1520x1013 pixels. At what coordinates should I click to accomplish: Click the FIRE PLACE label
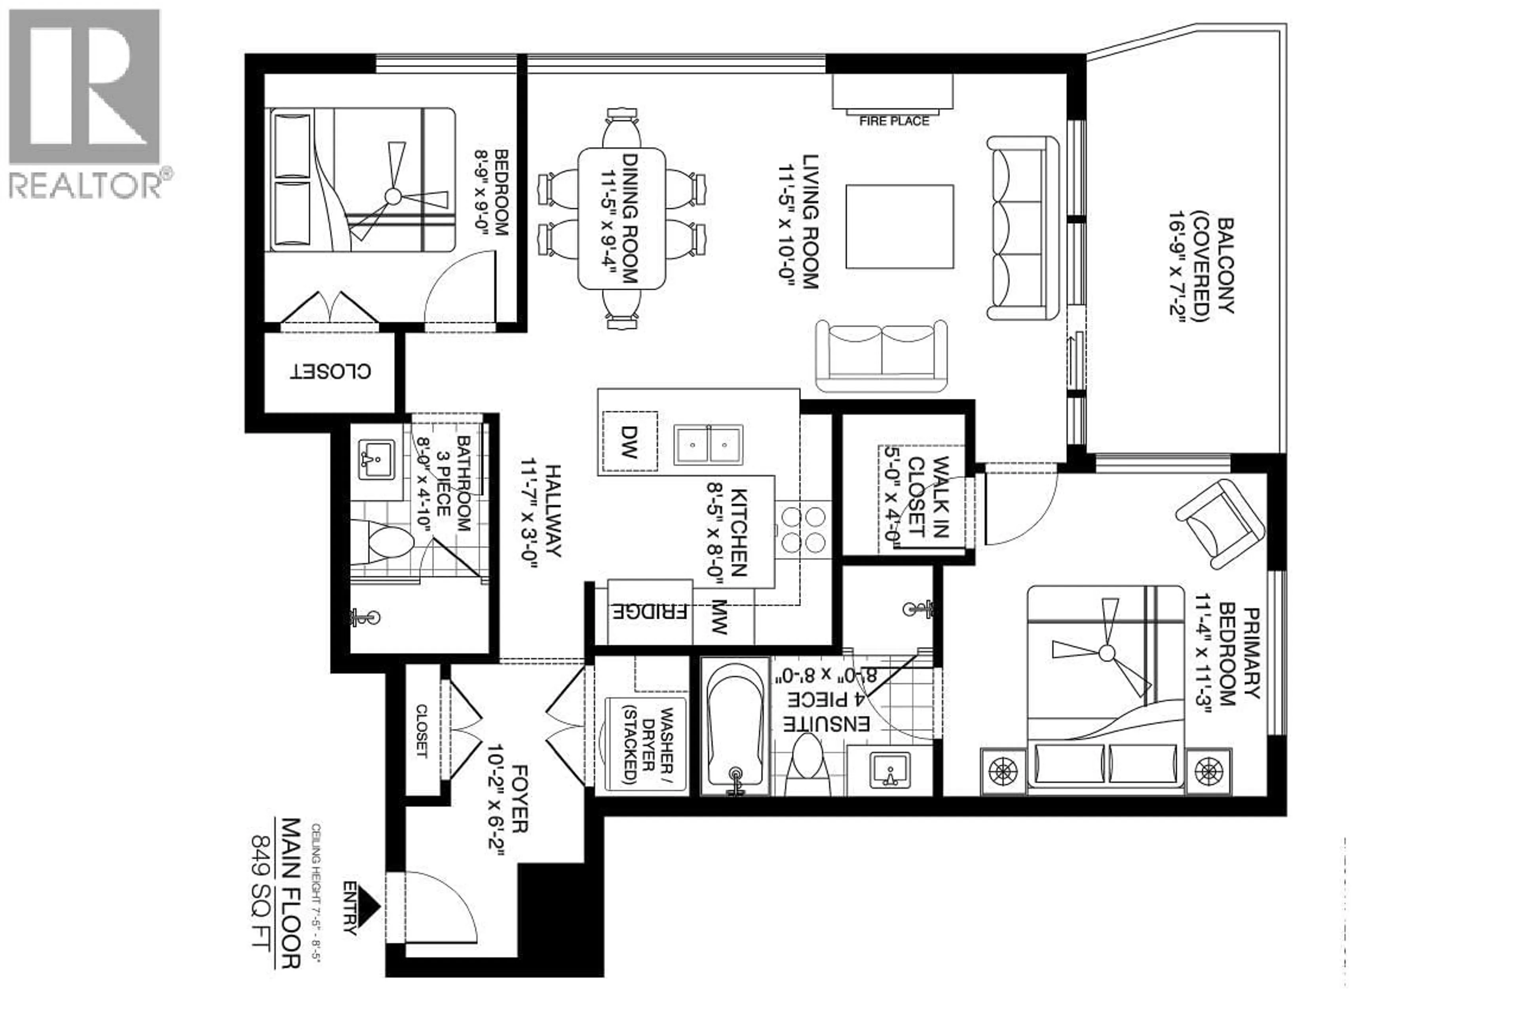[893, 121]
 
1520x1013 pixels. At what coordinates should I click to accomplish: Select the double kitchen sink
[708, 445]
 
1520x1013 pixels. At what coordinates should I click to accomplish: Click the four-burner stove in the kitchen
[803, 529]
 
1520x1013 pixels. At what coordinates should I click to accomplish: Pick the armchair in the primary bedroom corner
[1220, 524]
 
